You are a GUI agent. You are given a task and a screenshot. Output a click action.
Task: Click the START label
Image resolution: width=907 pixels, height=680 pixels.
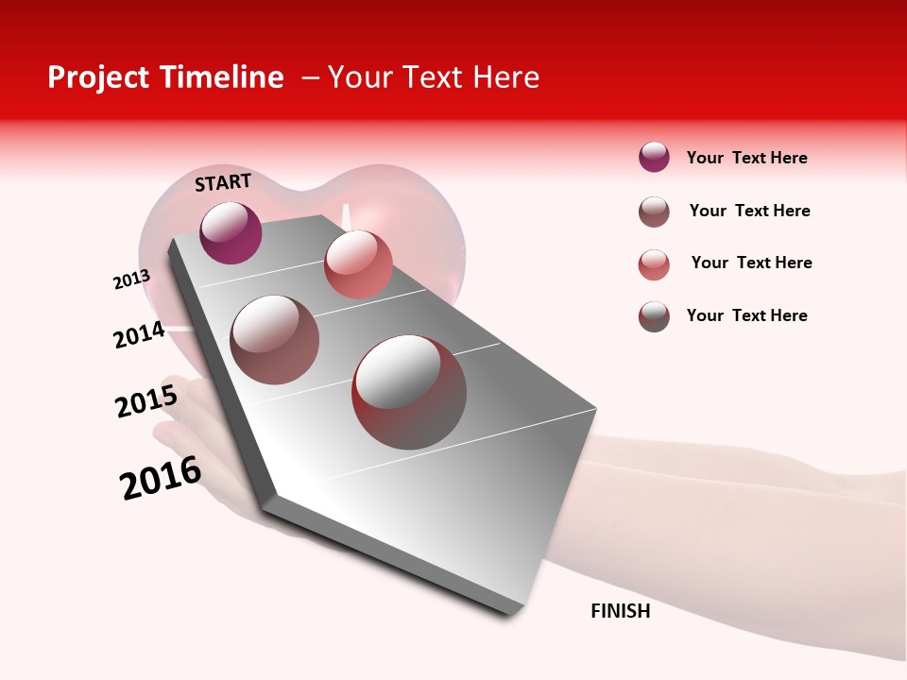pos(223,182)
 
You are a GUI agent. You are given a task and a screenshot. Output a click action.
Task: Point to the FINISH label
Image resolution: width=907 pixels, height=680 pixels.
pos(621,611)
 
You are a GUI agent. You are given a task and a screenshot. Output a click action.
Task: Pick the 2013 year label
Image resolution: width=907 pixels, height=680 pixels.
pos(132,280)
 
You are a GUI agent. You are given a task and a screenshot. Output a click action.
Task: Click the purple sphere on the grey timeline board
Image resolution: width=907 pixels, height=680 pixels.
pos(231,232)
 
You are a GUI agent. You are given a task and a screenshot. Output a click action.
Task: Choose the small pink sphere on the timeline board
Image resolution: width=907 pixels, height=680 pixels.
pos(358,264)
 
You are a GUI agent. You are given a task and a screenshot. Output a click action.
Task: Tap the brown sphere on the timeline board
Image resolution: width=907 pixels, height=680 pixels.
pos(275,340)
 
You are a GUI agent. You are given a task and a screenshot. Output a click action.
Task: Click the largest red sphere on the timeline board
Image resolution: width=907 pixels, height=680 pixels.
pos(409,392)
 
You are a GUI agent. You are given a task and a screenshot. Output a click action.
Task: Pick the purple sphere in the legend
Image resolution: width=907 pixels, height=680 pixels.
pos(654,157)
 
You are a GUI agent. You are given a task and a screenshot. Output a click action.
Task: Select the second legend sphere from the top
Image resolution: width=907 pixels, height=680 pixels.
pos(654,212)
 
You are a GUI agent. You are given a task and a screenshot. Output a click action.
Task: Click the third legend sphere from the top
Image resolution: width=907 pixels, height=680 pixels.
pos(654,264)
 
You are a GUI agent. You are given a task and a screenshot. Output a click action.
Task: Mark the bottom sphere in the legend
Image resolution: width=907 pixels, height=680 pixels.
pos(654,316)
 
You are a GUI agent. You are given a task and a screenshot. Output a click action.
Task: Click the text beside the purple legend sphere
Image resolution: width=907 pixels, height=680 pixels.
pos(746,159)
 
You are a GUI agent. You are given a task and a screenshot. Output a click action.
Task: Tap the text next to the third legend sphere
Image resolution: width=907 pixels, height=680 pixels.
pos(751,263)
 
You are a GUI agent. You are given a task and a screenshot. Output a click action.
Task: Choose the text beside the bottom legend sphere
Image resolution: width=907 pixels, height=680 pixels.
pos(746,315)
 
